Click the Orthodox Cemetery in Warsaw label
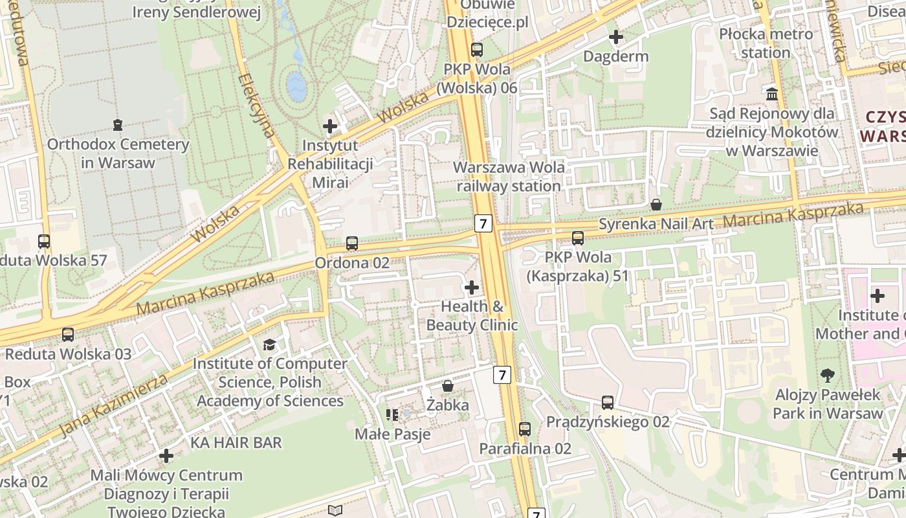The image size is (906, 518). (118, 153)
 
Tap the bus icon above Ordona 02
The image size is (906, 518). (351, 243)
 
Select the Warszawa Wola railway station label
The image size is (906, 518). (508, 177)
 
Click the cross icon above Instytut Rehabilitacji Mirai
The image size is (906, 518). (330, 126)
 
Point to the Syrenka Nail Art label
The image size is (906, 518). (656, 224)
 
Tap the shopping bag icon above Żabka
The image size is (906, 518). (447, 387)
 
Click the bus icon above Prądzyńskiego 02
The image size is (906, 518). (607, 403)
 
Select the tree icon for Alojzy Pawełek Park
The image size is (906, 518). (827, 375)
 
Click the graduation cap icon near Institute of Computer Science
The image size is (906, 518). (269, 344)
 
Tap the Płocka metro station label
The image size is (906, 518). (766, 43)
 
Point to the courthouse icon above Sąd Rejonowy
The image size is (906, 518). (771, 95)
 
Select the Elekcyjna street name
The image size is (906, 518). (256, 107)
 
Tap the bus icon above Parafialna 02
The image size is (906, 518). (524, 429)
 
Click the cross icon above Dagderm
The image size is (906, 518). (615, 37)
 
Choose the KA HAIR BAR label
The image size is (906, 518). (236, 443)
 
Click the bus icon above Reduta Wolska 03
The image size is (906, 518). (67, 335)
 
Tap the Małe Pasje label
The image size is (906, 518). (392, 434)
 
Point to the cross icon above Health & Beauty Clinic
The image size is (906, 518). (472, 287)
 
